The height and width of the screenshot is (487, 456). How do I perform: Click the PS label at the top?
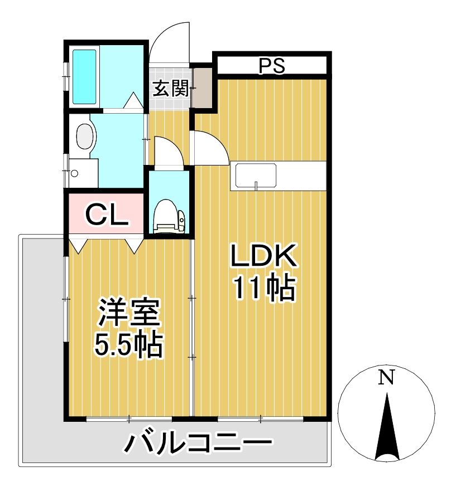coord(272,66)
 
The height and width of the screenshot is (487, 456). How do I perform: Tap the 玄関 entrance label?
coord(171,88)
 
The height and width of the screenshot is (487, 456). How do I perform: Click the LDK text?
coord(262,258)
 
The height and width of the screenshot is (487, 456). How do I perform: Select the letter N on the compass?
coord(386,378)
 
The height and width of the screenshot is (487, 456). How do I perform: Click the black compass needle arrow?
coord(386,429)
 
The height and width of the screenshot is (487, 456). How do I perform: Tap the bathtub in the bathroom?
coord(85,77)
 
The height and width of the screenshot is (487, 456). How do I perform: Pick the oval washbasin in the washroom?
coord(85,136)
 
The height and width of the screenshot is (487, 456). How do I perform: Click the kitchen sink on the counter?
coord(256,176)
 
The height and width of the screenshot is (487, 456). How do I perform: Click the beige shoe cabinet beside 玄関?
coord(203,88)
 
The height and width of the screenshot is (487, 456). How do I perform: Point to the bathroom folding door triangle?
coord(133,102)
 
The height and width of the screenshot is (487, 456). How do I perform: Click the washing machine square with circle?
coord(82,173)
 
